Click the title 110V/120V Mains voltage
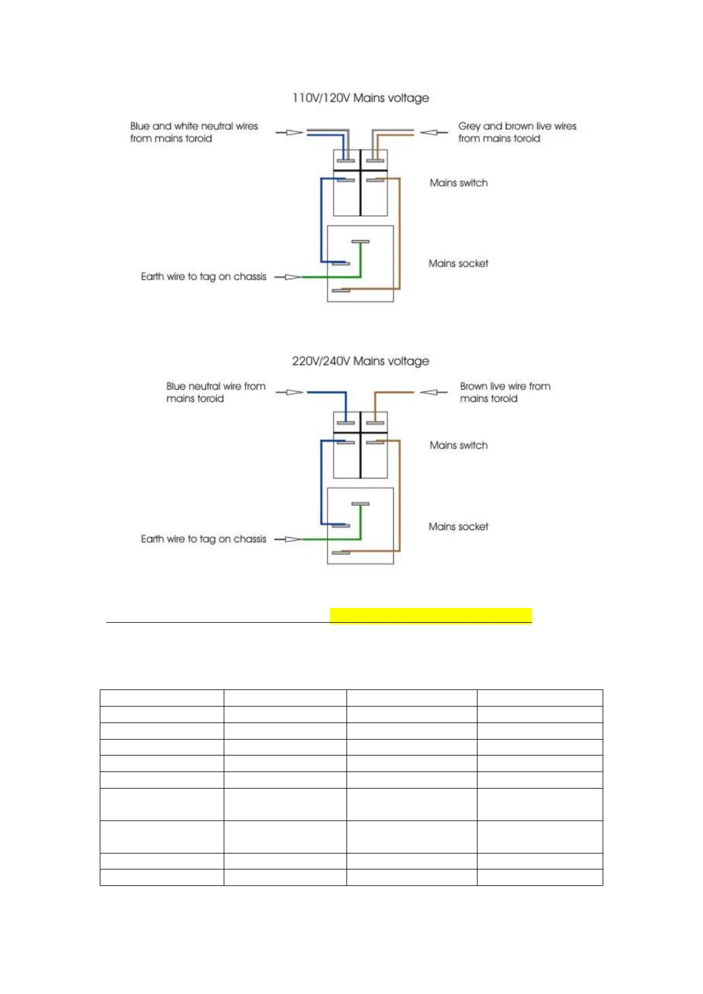[x=361, y=98]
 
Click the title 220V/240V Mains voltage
[x=361, y=361]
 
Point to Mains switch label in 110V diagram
[x=459, y=183]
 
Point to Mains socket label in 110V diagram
[x=459, y=264]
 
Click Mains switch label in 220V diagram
[x=459, y=446]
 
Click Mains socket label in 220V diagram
[x=459, y=527]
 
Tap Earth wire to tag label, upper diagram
[x=204, y=277]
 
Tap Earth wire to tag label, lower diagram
[x=204, y=539]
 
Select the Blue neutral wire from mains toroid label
[x=215, y=393]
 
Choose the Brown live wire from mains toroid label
[x=505, y=393]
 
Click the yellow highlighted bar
[x=430, y=616]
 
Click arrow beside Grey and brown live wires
[x=433, y=132]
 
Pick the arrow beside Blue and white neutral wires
[x=289, y=132]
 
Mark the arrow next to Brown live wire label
[x=433, y=393]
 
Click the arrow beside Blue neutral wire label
[x=289, y=393]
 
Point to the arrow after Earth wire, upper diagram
[x=288, y=277]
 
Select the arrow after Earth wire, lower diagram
[x=288, y=539]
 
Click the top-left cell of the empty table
[x=162, y=698]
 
